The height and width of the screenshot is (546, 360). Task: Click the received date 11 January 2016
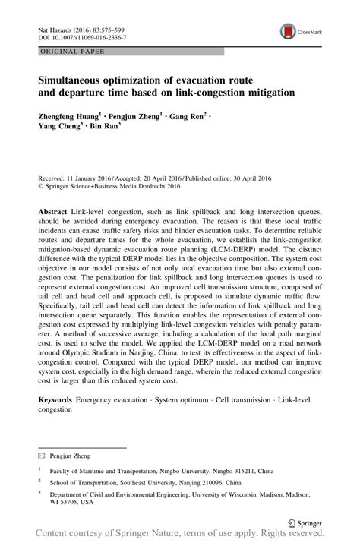point(91,154)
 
